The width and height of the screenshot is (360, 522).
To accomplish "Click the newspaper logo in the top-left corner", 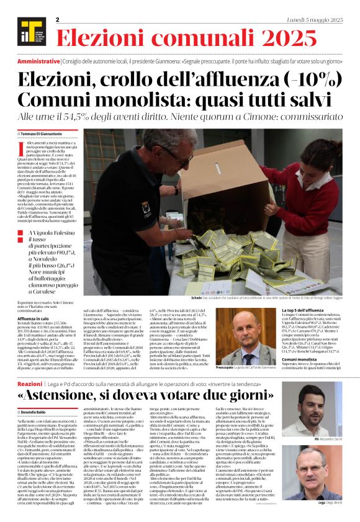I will pos(27,27).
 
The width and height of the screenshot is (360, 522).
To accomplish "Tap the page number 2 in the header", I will pos(57,20).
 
